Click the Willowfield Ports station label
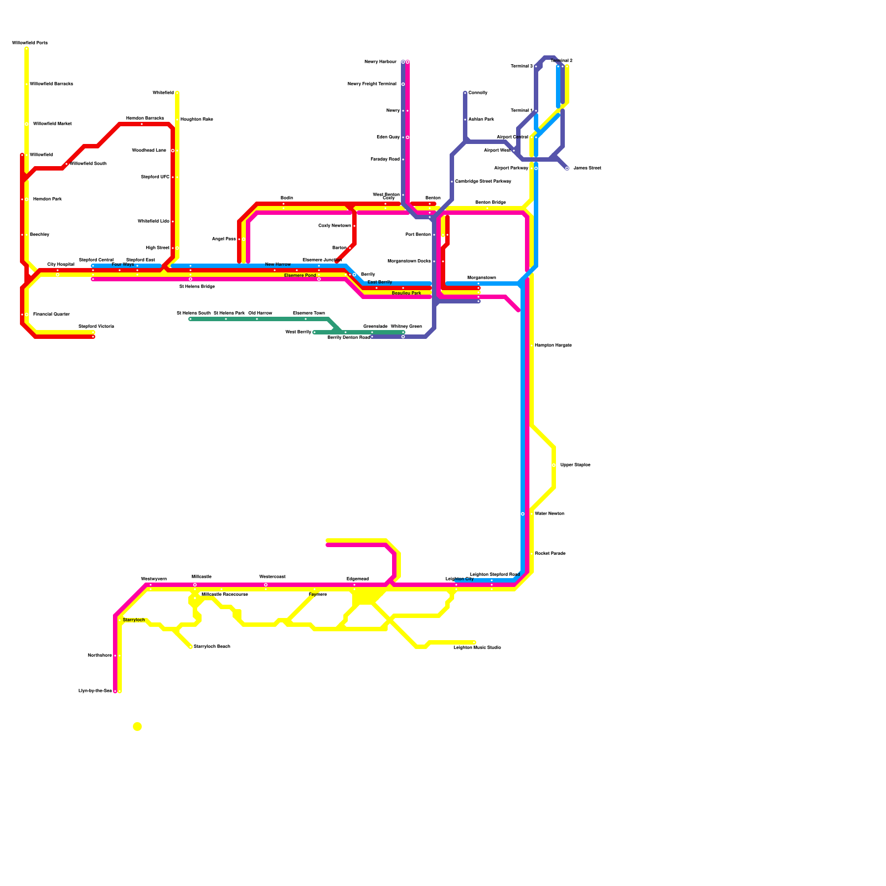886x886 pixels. point(30,43)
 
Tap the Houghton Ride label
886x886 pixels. point(197,120)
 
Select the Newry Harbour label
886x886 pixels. point(380,62)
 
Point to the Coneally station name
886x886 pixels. point(478,93)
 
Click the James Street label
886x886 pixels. point(587,168)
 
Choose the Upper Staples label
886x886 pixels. point(575,465)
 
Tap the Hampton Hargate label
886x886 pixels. point(553,346)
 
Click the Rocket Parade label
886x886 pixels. point(550,554)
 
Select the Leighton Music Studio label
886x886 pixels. point(477,647)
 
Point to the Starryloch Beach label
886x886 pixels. point(212,647)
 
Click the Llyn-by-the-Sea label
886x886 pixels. point(95,691)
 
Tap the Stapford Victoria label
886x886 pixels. point(96,327)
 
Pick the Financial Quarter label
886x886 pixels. point(51,315)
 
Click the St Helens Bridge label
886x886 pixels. point(197,287)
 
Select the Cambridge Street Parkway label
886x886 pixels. point(483,182)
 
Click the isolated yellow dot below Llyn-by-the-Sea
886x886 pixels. point(137,727)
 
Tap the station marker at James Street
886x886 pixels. point(566,168)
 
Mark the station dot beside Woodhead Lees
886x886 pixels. point(173,151)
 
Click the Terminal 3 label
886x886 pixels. point(521,66)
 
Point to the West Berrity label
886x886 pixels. point(298,332)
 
